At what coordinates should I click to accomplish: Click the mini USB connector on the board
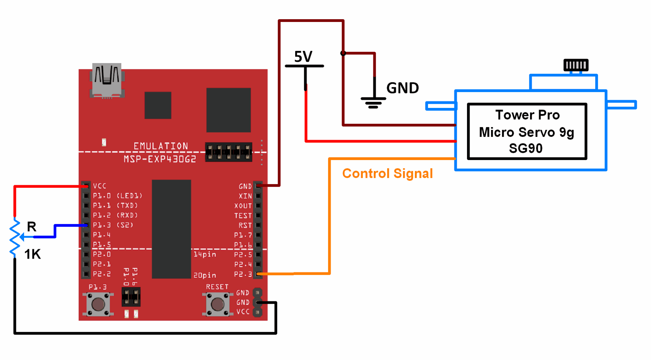coord(107,80)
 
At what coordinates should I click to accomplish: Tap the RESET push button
coord(217,304)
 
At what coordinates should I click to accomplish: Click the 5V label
coord(303,57)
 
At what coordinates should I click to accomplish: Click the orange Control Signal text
coord(387,173)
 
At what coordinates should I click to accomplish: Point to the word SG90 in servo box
coord(526,148)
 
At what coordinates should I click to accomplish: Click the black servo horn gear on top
coord(576,65)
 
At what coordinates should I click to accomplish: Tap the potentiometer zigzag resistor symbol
coord(15,237)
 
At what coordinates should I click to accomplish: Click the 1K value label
coord(33,254)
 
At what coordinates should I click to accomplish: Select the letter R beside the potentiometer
coord(32,226)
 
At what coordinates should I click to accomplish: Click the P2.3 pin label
coord(243,274)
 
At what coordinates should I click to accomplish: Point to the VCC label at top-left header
coord(100,186)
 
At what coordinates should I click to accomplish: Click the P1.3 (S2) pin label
coord(113,225)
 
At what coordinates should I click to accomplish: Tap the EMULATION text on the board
coord(161,146)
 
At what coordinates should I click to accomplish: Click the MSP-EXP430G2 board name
coord(160,159)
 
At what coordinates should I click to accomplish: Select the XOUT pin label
coord(243,206)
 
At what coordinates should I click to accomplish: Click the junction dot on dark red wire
coord(343,53)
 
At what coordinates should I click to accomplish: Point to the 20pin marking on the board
coord(204,275)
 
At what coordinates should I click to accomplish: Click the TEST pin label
coord(243,215)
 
